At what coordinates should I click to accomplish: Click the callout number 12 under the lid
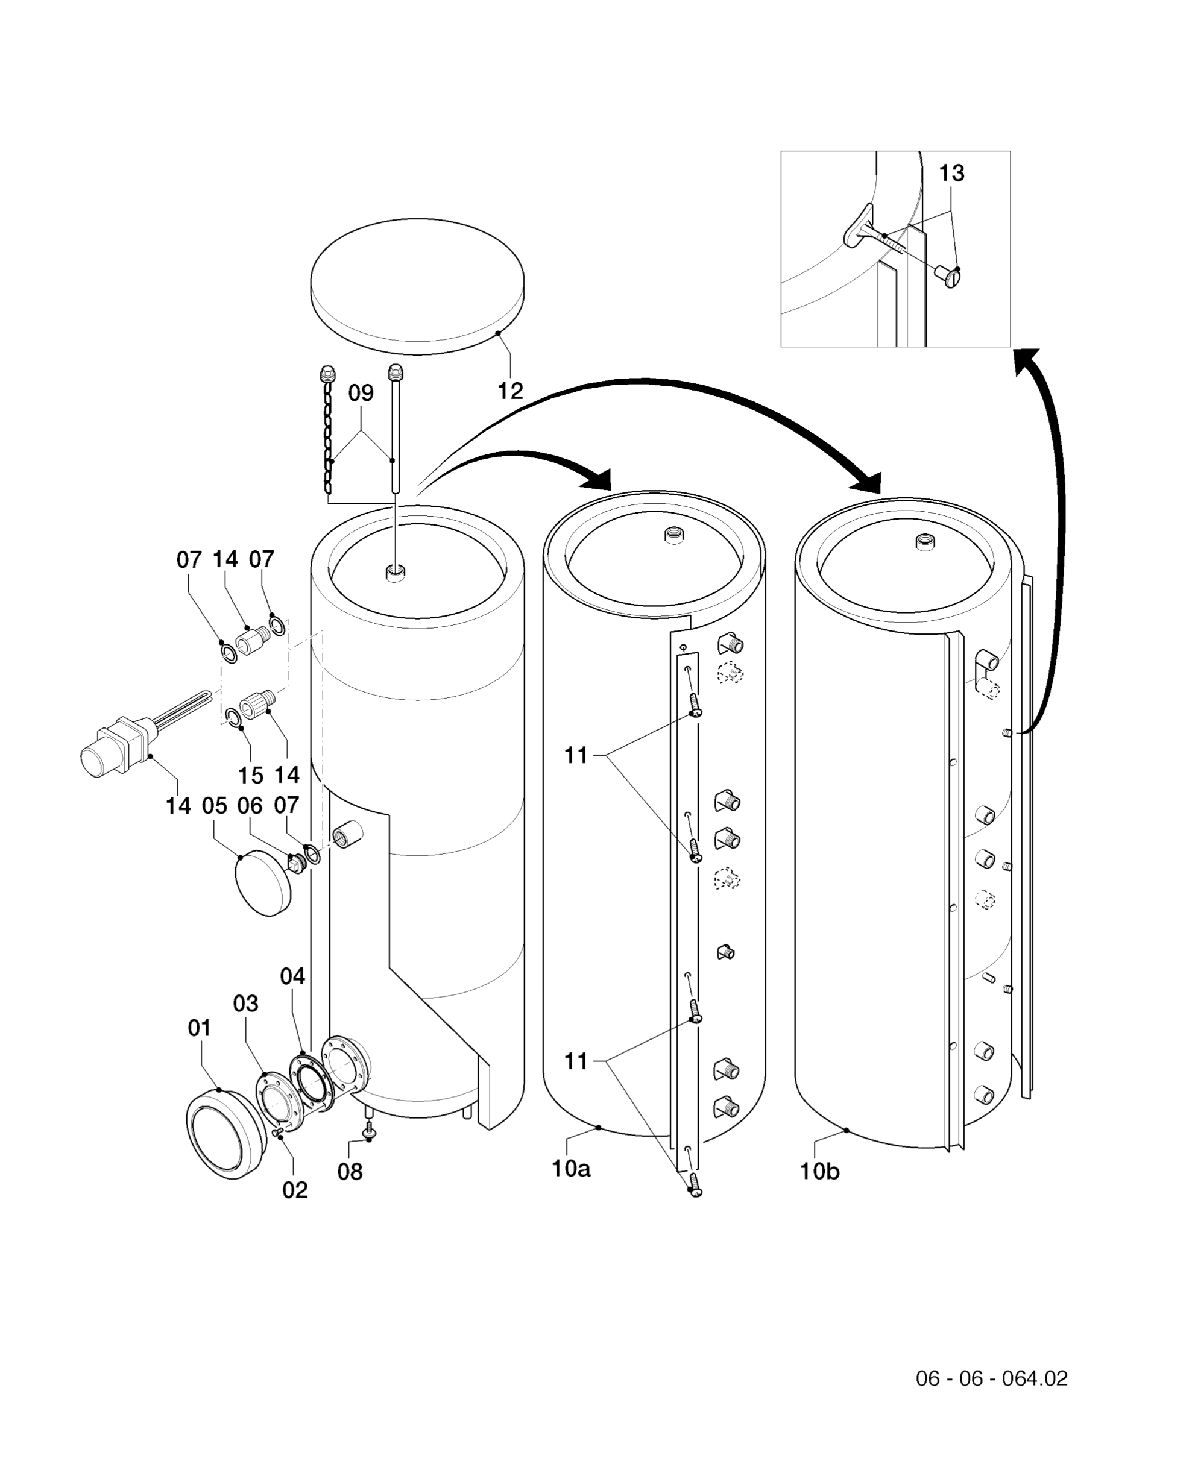[510, 391]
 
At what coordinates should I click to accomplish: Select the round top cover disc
[417, 282]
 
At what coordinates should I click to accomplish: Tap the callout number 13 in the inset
[951, 174]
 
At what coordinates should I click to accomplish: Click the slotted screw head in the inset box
[951, 278]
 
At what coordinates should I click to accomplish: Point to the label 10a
[570, 1169]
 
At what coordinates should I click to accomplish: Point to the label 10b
[819, 1171]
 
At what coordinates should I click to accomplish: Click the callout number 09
[361, 394]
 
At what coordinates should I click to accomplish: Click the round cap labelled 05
[262, 884]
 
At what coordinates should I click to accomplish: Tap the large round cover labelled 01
[224, 1134]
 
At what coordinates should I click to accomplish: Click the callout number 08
[350, 1172]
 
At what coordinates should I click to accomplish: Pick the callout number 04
[292, 976]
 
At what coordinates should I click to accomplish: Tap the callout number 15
[251, 775]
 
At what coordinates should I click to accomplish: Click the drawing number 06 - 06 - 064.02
[991, 1378]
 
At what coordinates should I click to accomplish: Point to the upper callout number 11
[576, 756]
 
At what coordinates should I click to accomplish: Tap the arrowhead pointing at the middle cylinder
[597, 477]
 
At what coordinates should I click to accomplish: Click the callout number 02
[295, 1190]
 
